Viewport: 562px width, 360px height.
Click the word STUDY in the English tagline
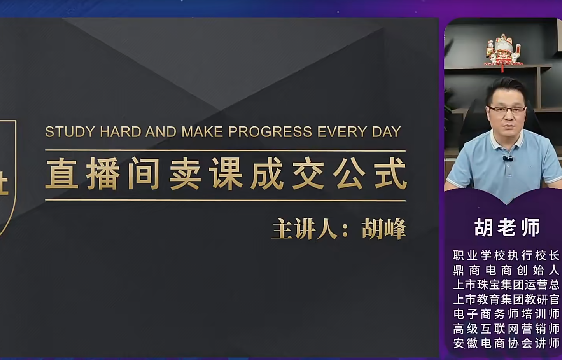tap(70, 132)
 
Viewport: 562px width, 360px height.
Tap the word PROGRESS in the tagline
tap(270, 132)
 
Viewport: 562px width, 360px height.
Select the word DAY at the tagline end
tap(386, 132)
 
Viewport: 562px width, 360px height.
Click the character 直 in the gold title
tap(62, 174)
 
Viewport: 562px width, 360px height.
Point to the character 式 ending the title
tap(390, 174)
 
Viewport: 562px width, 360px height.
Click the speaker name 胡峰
tap(383, 229)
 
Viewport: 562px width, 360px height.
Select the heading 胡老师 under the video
tap(507, 227)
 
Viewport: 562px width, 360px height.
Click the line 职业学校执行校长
tap(506, 255)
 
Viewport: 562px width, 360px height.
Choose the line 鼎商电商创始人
tap(506, 270)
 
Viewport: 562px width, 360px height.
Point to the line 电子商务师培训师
tap(506, 314)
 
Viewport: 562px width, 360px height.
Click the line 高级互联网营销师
tap(506, 329)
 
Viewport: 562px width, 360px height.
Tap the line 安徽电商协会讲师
tap(506, 343)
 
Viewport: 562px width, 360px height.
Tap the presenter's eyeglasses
tap(506, 110)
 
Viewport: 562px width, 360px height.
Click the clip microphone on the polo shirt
tap(508, 158)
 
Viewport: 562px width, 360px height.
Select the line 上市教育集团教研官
tap(506, 299)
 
